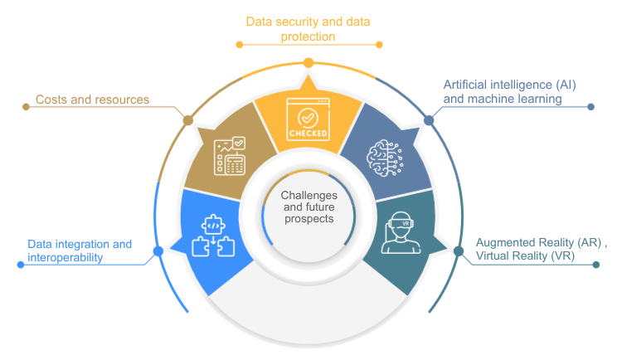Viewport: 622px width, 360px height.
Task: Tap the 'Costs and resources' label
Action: click(x=92, y=100)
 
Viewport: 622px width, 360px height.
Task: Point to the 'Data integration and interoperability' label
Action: click(x=79, y=251)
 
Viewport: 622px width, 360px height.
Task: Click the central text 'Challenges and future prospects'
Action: click(x=307, y=207)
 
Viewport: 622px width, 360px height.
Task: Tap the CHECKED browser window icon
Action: click(x=308, y=119)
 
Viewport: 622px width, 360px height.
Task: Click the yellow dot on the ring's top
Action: click(x=309, y=63)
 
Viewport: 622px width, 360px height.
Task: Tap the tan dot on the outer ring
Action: click(x=187, y=120)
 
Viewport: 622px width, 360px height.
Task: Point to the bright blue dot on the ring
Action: click(x=154, y=250)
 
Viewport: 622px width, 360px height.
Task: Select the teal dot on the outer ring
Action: click(x=459, y=250)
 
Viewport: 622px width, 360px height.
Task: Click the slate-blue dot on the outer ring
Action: click(x=429, y=120)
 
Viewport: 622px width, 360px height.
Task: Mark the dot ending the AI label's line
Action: click(x=590, y=106)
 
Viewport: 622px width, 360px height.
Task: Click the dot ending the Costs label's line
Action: click(x=25, y=107)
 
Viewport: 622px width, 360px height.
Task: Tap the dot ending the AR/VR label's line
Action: click(x=595, y=265)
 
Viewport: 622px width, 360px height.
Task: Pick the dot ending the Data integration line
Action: click(x=21, y=265)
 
